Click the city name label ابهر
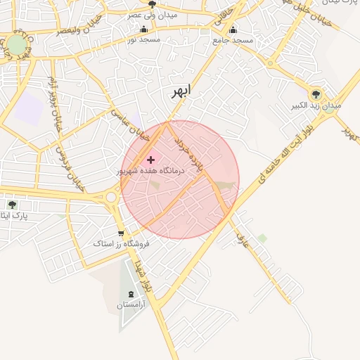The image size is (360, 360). (x=181, y=91)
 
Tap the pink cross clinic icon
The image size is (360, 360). (x=150, y=160)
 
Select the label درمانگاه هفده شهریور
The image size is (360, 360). (x=150, y=171)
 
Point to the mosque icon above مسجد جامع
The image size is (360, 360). (x=233, y=30)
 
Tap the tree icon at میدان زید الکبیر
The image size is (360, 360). (x=316, y=94)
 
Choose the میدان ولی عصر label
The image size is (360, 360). (x=152, y=14)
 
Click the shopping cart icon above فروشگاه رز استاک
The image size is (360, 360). (x=122, y=233)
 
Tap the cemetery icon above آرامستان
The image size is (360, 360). (x=131, y=294)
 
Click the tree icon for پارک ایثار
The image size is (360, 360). (x=12, y=205)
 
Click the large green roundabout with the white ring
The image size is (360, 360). (x=16, y=46)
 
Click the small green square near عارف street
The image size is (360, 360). (x=262, y=238)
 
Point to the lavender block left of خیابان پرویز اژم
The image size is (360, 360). (x=30, y=108)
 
